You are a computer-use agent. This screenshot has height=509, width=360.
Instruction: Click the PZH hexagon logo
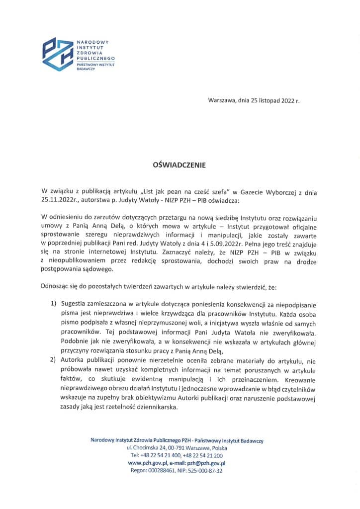click(x=58, y=54)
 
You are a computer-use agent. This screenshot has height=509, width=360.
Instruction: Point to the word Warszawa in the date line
click(x=222, y=101)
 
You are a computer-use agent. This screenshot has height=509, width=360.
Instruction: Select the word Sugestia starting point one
click(x=74, y=304)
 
